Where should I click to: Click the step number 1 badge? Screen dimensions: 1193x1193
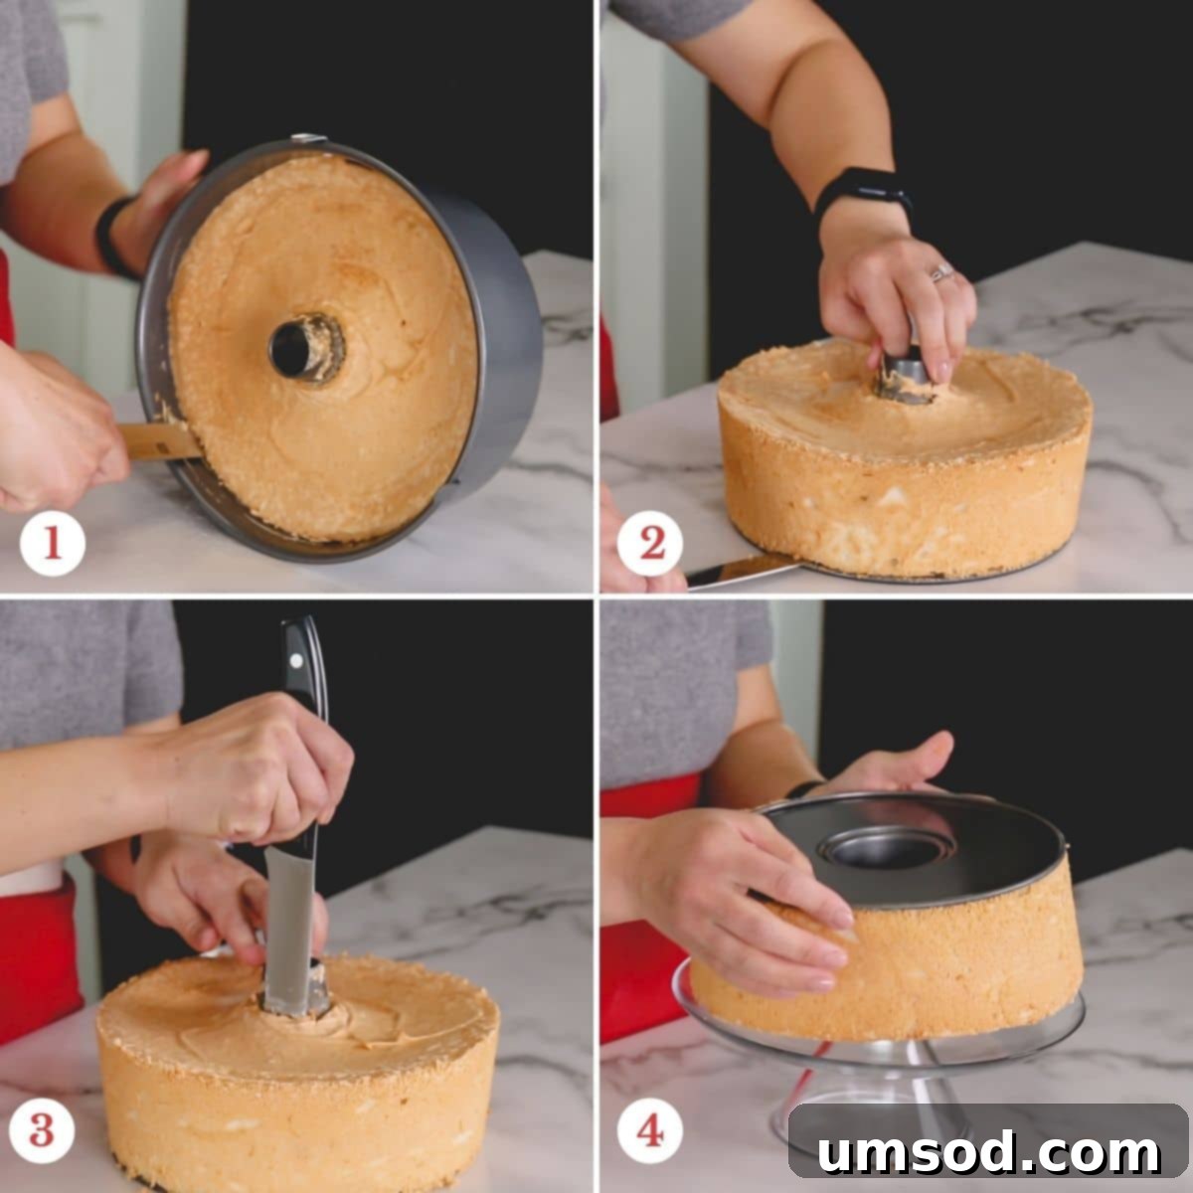pos(52,543)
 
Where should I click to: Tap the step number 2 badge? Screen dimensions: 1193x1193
pos(651,543)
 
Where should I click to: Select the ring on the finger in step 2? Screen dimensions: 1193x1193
pos(940,272)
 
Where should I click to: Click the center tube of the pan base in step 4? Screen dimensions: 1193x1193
pos(885,848)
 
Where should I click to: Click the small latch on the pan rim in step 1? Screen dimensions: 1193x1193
pos(308,139)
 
